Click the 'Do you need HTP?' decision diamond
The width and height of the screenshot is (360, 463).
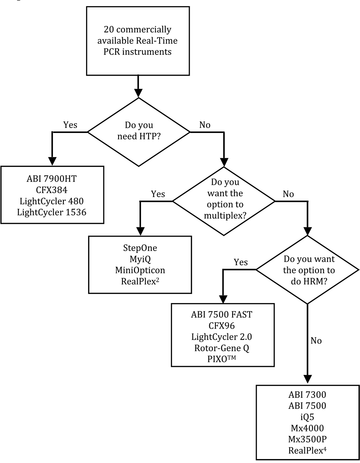139,132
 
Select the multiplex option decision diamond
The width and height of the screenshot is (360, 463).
224,201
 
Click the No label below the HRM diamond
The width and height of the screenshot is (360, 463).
316,340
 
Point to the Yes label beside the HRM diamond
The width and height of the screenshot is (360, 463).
240,262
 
